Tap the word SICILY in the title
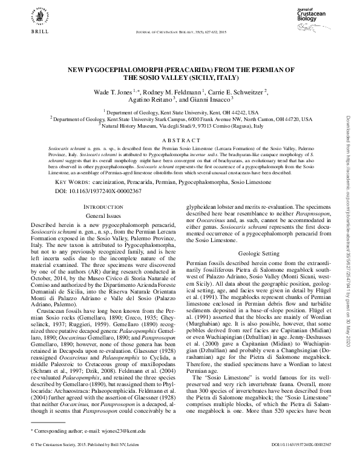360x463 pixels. (191, 77)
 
